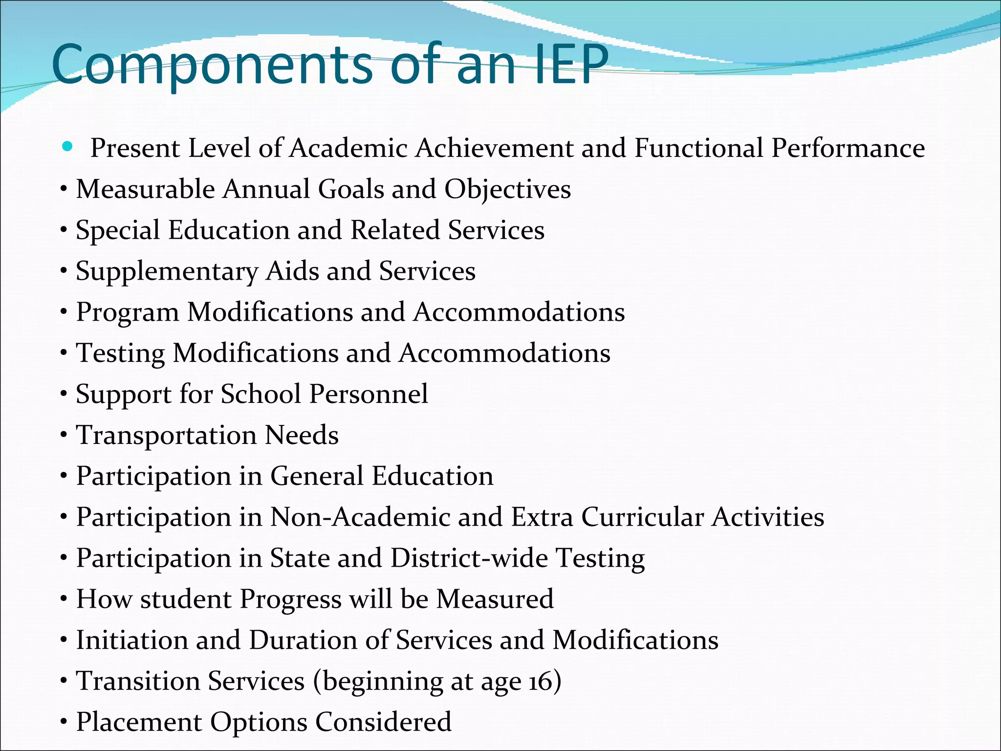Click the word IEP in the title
point(570,65)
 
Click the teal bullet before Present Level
point(67,146)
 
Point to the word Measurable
point(145,189)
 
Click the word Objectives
point(507,190)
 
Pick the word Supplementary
point(166,272)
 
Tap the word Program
point(128,313)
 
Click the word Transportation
point(166,435)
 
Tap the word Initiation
point(131,640)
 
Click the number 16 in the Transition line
point(540,682)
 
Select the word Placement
point(139,722)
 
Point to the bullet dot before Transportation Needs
point(64,435)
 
